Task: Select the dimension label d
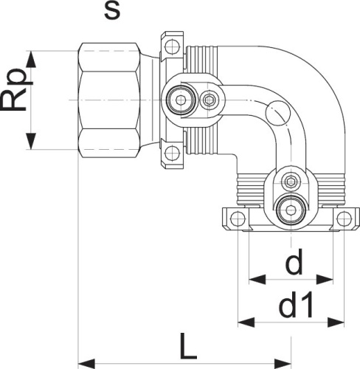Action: pyautogui.click(x=294, y=264)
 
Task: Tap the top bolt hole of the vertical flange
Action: pyautogui.click(x=172, y=45)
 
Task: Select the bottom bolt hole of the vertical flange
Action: pyautogui.click(x=172, y=153)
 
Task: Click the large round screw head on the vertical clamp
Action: pyautogui.click(x=179, y=100)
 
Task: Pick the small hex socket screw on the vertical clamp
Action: pyautogui.click(x=210, y=100)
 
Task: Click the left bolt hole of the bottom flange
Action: pyautogui.click(x=237, y=219)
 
